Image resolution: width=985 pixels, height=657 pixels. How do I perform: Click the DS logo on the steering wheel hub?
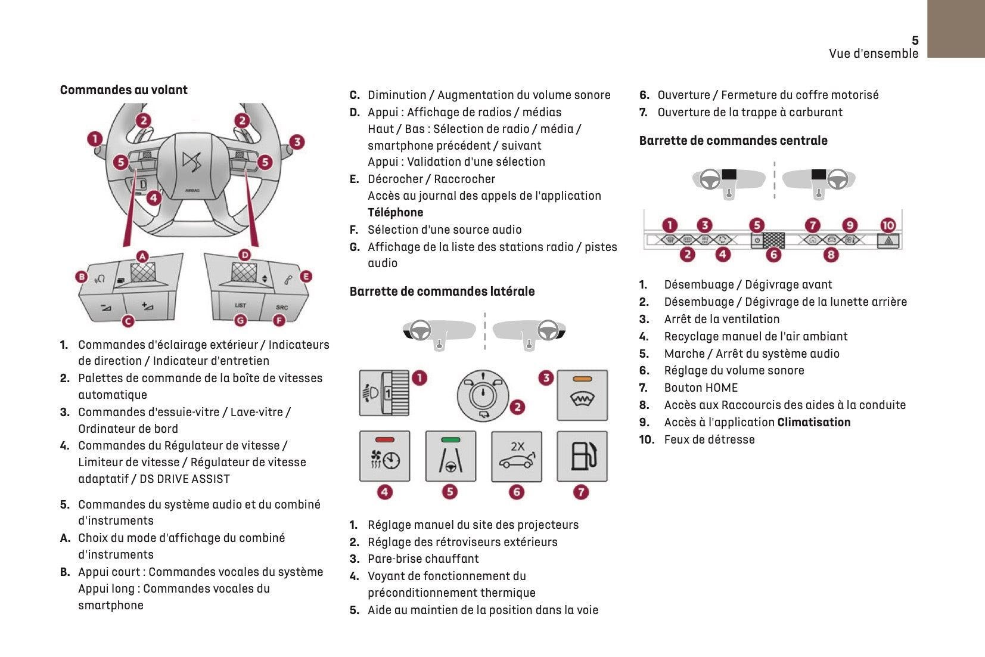coord(192,162)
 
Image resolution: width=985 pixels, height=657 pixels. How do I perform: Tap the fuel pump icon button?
coord(582,456)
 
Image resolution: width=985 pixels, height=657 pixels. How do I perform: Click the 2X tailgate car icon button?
coord(517,456)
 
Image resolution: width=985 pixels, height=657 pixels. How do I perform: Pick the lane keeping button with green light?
coord(450,456)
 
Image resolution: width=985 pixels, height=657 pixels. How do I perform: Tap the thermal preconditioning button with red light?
coord(385,456)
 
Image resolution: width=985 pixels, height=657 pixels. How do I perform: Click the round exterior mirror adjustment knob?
coord(483,395)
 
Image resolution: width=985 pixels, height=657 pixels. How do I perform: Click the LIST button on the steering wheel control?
coord(240,306)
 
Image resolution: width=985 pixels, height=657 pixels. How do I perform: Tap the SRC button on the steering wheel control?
coord(282,308)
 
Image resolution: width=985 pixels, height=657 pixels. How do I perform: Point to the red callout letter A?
coord(142,256)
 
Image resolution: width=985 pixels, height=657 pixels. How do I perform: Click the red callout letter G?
coord(240,321)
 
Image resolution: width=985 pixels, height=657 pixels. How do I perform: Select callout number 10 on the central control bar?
coord(888,225)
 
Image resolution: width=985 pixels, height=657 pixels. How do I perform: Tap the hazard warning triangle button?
coord(888,241)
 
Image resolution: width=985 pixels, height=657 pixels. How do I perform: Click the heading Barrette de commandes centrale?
coord(733,141)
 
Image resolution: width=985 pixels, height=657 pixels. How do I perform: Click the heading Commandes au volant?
coord(123,90)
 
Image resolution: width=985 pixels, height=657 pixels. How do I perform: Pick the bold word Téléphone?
coord(395,212)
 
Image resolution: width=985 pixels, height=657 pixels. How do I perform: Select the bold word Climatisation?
coord(813,422)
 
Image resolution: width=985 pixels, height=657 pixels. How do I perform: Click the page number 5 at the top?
coord(915,41)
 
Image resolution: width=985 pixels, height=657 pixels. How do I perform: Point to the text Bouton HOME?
coord(701,388)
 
